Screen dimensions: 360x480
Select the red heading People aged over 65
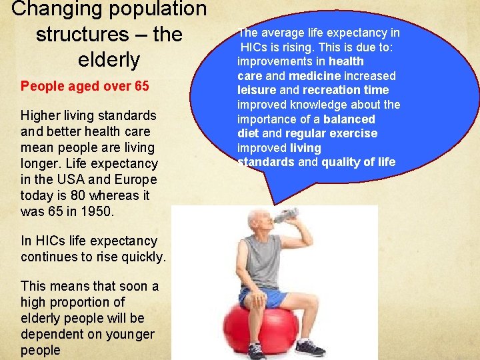coord(85,86)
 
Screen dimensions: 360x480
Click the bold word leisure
coord(257,90)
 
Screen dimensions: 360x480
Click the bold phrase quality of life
coord(359,162)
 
